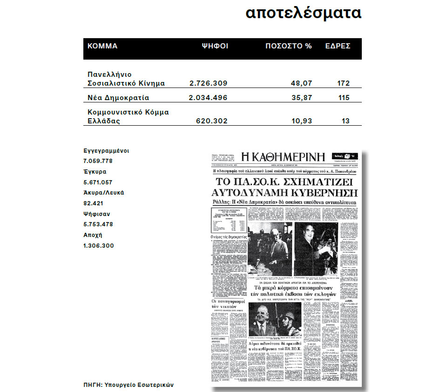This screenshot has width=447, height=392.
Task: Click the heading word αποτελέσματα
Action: [303, 13]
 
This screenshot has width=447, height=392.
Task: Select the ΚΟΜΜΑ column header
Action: [102, 46]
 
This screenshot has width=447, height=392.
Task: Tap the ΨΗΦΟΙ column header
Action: [214, 46]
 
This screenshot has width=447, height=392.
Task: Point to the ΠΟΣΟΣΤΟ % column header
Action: [288, 46]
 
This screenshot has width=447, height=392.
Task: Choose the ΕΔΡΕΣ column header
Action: [338, 46]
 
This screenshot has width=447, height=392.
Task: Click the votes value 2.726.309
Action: [208, 83]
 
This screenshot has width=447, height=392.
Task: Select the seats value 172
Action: [343, 83]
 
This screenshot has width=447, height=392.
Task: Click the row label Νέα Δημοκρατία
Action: [118, 98]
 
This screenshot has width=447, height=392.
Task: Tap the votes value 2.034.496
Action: [208, 98]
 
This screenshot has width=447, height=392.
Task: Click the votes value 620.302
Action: [212, 121]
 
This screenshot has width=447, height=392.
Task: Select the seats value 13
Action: [345, 121]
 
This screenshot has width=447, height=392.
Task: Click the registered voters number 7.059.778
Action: [98, 161]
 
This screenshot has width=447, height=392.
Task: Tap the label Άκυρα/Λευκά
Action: [103, 192]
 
